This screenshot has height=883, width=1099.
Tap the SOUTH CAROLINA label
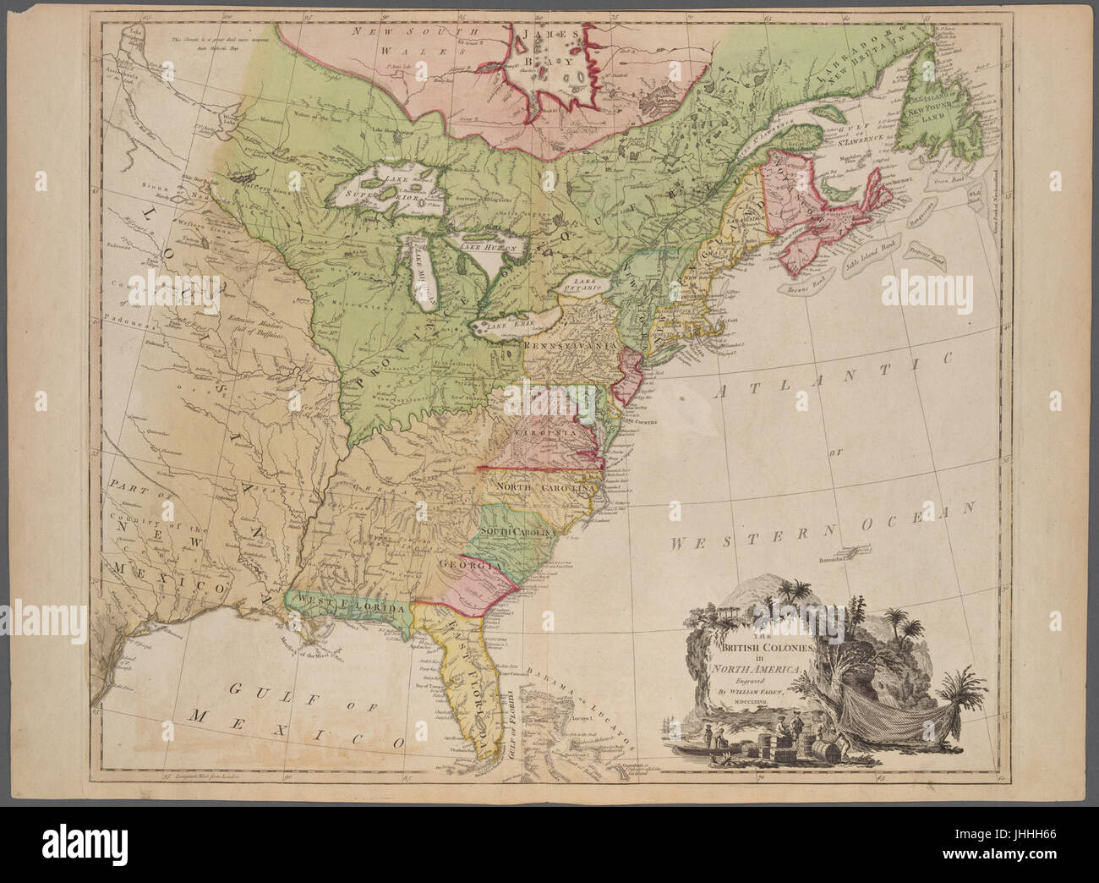517,530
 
